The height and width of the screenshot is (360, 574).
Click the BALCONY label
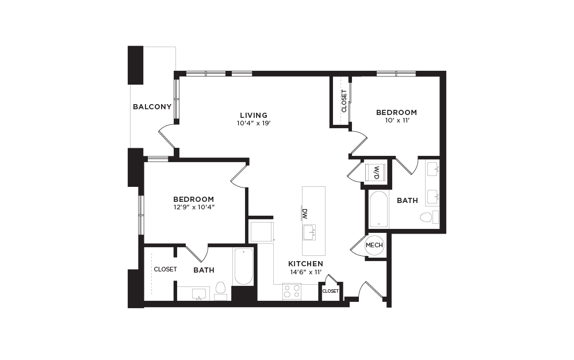tap(152, 106)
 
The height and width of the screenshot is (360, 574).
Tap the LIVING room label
tap(254, 115)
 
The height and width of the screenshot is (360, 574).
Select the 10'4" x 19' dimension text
tap(254, 123)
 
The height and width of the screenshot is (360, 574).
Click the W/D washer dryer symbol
tap(376, 171)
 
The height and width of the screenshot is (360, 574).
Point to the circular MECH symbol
tap(374, 245)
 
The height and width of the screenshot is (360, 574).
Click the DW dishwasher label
tap(305, 213)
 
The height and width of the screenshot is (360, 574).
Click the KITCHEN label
tap(305, 264)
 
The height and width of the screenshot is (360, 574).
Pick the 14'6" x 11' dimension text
tap(305, 272)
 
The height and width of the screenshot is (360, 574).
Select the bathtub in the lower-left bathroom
tap(243, 266)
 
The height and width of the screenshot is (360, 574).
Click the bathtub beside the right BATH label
tap(378, 209)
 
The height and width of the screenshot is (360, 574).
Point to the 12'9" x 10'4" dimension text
tap(194, 207)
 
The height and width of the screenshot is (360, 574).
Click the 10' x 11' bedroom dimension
tap(396, 120)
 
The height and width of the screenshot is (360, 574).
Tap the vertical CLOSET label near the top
tap(344, 101)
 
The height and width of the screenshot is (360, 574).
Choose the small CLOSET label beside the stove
tap(330, 291)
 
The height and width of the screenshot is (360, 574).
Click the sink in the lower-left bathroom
tap(200, 293)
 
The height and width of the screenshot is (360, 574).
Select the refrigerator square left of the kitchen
tap(262, 231)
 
